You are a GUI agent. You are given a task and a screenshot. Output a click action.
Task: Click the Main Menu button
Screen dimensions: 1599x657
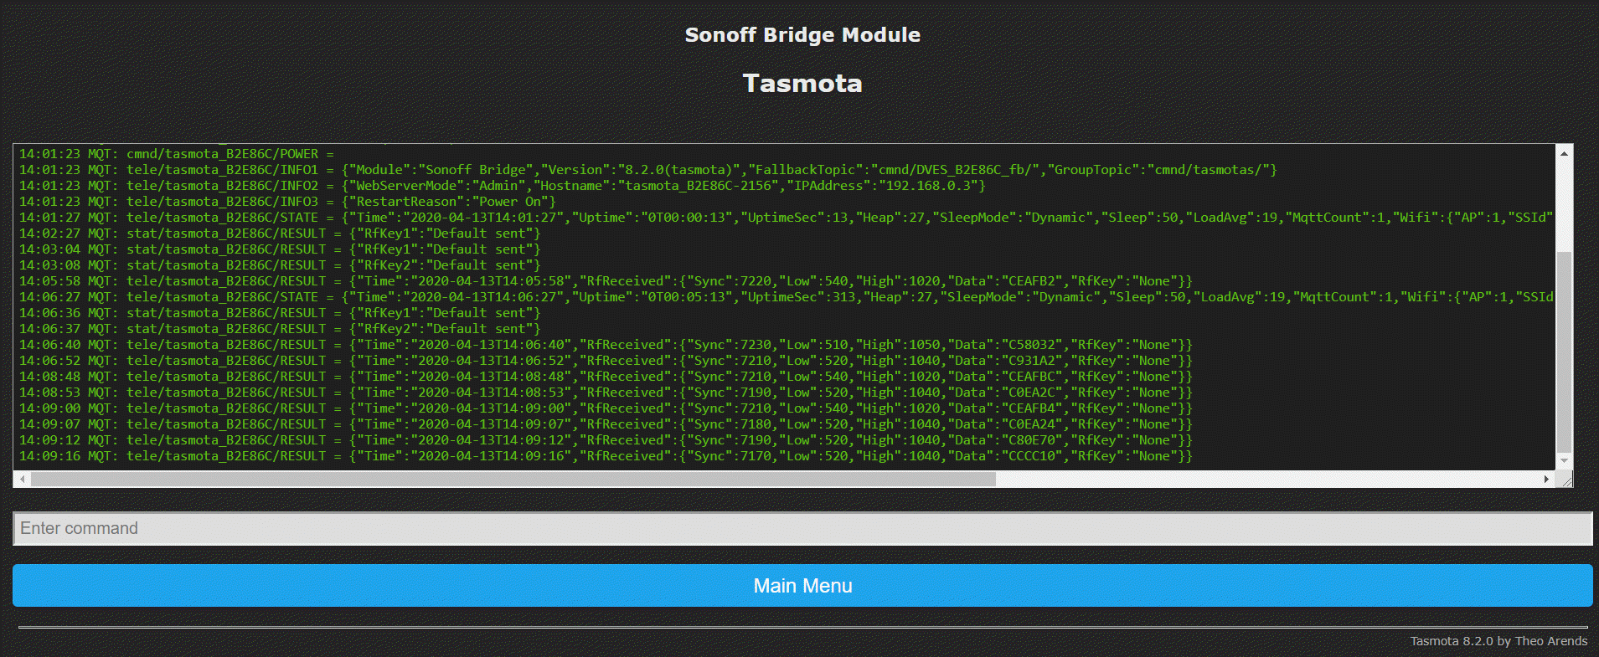tap(802, 585)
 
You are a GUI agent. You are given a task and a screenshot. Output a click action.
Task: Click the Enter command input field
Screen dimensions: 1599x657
tap(802, 528)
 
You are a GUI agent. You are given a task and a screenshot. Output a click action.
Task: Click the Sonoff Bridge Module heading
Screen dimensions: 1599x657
tap(802, 34)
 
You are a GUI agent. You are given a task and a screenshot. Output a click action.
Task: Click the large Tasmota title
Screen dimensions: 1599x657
tap(802, 83)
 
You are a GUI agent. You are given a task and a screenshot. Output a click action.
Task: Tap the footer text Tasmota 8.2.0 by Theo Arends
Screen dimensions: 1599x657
tap(1498, 641)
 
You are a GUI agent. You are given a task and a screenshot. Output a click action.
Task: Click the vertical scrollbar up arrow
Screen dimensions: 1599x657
tap(1564, 153)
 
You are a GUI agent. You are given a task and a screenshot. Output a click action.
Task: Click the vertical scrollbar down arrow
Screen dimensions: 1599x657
tap(1564, 460)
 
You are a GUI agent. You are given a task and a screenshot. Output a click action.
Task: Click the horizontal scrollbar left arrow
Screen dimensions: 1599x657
tap(23, 479)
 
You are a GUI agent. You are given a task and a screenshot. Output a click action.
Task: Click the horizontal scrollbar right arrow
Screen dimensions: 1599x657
tap(1546, 479)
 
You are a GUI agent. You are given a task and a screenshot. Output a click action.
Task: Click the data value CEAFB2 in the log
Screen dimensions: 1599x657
tap(1032, 281)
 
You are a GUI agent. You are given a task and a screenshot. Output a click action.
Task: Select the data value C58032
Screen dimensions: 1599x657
tap(1032, 345)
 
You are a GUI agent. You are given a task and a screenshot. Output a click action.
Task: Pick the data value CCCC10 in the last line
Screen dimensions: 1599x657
tap(1032, 456)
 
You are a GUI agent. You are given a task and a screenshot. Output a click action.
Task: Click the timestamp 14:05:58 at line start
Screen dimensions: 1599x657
tap(50, 281)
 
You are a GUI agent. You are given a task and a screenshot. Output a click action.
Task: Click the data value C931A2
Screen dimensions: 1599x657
tap(1032, 361)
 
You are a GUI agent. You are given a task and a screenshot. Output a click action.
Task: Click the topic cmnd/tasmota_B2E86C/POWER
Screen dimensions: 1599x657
tap(223, 154)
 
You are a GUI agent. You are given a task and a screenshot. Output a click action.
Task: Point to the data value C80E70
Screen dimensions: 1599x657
tap(1032, 440)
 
